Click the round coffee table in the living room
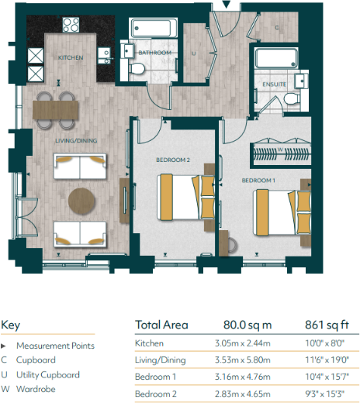point(82,200)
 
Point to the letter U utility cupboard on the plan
point(192,53)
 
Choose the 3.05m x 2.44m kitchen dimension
point(239,343)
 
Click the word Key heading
point(11,325)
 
